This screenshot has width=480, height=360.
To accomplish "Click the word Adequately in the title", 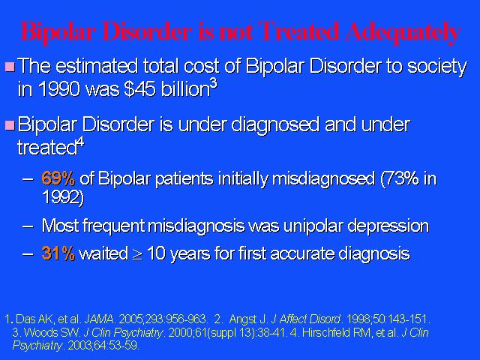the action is point(402,32).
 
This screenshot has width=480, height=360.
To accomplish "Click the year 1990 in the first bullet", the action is point(59,89).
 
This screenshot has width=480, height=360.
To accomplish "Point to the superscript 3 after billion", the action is point(214,83).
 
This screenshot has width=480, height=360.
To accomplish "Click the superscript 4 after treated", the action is point(81,142).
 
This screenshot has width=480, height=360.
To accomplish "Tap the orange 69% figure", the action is point(58,178).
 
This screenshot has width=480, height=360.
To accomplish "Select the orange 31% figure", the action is point(58,253).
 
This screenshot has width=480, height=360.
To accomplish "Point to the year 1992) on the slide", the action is point(62,197).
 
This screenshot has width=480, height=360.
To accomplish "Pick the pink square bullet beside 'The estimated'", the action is point(10,67).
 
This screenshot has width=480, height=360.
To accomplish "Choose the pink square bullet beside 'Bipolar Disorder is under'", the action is point(10,125).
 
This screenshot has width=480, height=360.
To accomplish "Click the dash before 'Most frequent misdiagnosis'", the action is point(28,226).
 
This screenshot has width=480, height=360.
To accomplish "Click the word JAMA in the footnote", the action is point(99,319).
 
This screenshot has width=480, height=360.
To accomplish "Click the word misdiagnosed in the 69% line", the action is point(323,178).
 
